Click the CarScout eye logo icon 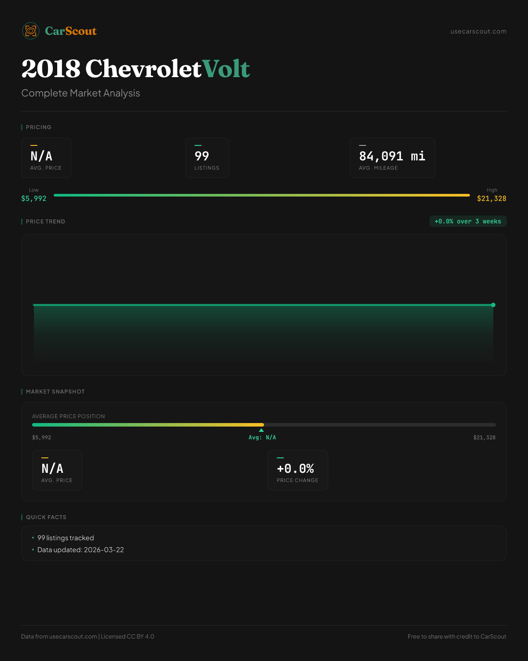[31, 31]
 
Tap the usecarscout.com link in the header [478, 31]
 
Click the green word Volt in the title [226, 69]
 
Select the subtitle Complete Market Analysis [81, 93]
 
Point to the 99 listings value [202, 156]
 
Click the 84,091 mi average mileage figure [392, 156]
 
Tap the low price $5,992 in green [34, 198]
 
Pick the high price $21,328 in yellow [491, 198]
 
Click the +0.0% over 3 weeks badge [468, 221]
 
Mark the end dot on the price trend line [493, 305]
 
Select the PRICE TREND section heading [45, 222]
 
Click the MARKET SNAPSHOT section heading [55, 392]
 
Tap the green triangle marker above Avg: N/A [261, 430]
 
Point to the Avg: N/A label [262, 438]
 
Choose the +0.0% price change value [295, 468]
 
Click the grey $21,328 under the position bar [484, 438]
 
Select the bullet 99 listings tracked [66, 538]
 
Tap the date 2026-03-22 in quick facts [104, 550]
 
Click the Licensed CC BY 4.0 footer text [128, 636]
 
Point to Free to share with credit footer [457, 636]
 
